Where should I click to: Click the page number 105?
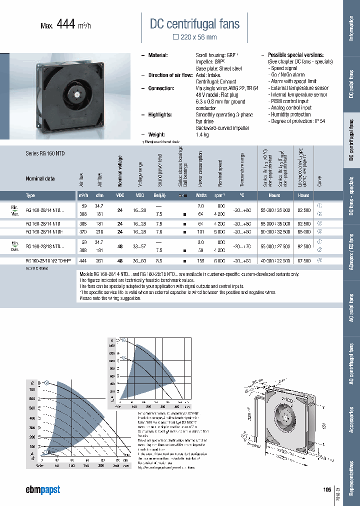point(327,489)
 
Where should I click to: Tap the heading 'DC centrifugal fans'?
point(195,23)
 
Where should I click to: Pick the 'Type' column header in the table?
point(30,195)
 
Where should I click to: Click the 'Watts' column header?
point(200,195)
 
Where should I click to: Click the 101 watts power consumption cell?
point(200,232)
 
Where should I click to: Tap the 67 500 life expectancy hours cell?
point(303,260)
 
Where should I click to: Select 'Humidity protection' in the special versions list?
point(290,114)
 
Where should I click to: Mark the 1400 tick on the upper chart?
point(111,346)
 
